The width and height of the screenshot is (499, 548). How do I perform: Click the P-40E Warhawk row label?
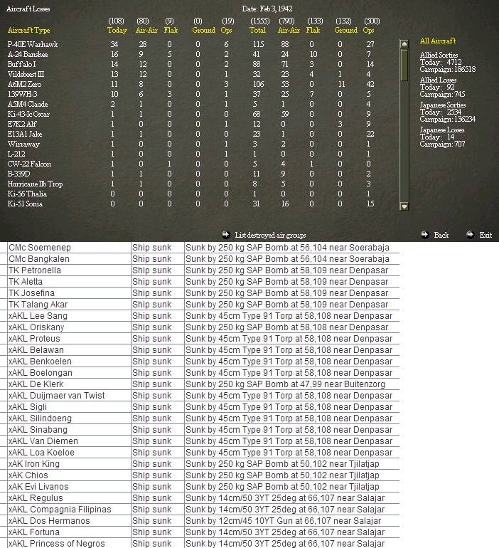pyautogui.click(x=32, y=44)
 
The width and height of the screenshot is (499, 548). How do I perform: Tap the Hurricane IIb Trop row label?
pyautogui.click(x=35, y=184)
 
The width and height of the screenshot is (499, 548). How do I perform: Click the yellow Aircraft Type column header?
pyautogui.click(x=28, y=31)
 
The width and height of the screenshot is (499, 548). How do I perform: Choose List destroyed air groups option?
pyautogui.click(x=270, y=234)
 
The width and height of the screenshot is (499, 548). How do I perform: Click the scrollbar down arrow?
pyautogui.click(x=404, y=206)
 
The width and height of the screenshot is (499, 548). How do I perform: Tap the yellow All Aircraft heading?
pyautogui.click(x=438, y=41)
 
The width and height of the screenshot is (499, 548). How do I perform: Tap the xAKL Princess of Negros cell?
pyautogui.click(x=56, y=544)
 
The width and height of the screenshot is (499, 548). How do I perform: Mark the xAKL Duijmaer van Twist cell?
pyautogui.click(x=56, y=396)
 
